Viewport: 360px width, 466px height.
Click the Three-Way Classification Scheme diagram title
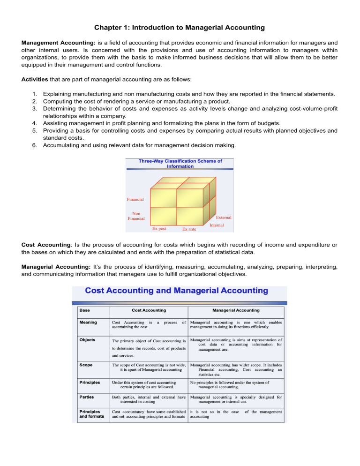point(180,163)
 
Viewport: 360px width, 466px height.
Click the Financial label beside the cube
point(135,199)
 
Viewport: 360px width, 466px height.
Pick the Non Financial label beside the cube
point(136,216)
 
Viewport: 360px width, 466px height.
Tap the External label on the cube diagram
point(223,218)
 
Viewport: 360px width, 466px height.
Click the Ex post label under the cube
point(159,229)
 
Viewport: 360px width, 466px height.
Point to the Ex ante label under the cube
point(189,229)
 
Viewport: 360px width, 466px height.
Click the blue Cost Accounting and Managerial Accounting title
point(177,290)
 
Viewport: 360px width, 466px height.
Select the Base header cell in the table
point(85,310)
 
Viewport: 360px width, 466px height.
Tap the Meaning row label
point(89,321)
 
